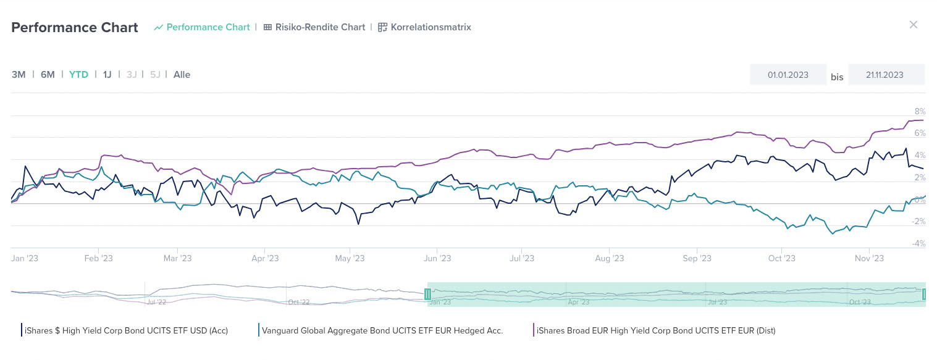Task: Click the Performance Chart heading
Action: coord(75,28)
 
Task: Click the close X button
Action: coord(913,25)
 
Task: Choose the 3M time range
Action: coord(19,75)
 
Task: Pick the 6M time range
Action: coord(48,75)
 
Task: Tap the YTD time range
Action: coord(78,75)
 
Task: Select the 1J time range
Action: coord(107,75)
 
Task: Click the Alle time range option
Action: coord(182,75)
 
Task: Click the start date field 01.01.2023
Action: coord(788,75)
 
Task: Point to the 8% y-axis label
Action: coord(920,112)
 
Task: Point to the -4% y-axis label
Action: coord(918,244)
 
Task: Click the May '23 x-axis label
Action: coord(350,259)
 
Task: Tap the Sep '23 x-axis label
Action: coord(698,259)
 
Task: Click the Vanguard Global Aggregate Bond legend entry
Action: coord(382,330)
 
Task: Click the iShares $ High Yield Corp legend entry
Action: coord(125,330)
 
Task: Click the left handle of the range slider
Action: coord(427,295)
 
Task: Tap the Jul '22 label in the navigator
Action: coord(157,302)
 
